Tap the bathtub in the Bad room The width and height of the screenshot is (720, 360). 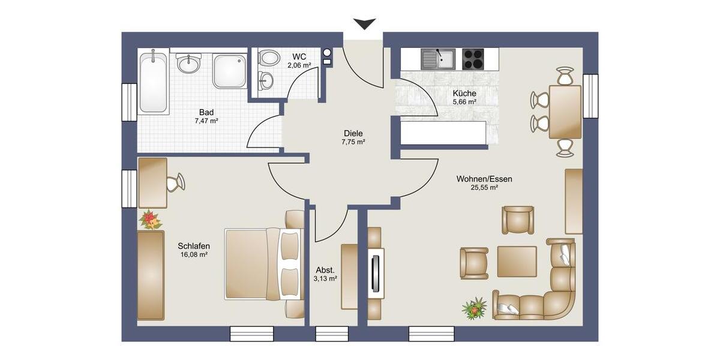coord(153,83)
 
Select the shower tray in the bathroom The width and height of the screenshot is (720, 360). coord(230,71)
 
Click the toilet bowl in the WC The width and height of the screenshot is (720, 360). coord(269,58)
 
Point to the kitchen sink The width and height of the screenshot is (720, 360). coord(438,59)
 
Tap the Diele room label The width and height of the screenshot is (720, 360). coord(353,133)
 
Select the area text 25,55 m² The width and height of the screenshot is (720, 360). coord(485,187)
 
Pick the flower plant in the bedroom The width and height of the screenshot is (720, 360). coord(150,220)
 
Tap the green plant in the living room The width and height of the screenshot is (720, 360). coord(475,308)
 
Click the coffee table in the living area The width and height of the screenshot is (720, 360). coord(517,262)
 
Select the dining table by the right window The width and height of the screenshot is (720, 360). coord(565,112)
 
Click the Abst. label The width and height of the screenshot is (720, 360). coord(325,270)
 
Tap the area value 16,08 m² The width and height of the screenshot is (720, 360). coord(194,254)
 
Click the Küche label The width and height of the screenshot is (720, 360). coord(464,94)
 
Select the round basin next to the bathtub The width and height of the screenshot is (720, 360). coord(188,62)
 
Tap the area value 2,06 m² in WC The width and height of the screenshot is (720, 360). coord(299,65)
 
